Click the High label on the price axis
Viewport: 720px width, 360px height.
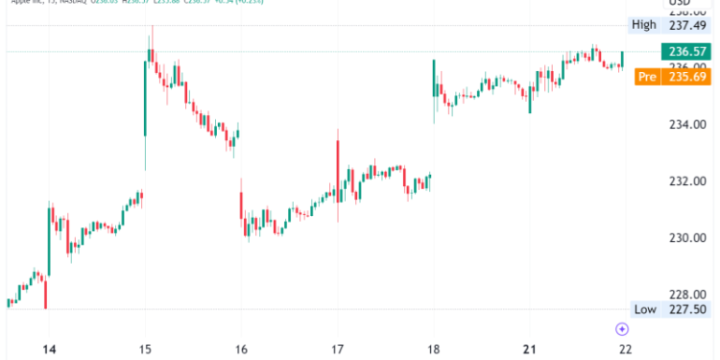pyautogui.click(x=642, y=24)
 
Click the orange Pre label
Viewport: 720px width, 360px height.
pyautogui.click(x=646, y=77)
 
